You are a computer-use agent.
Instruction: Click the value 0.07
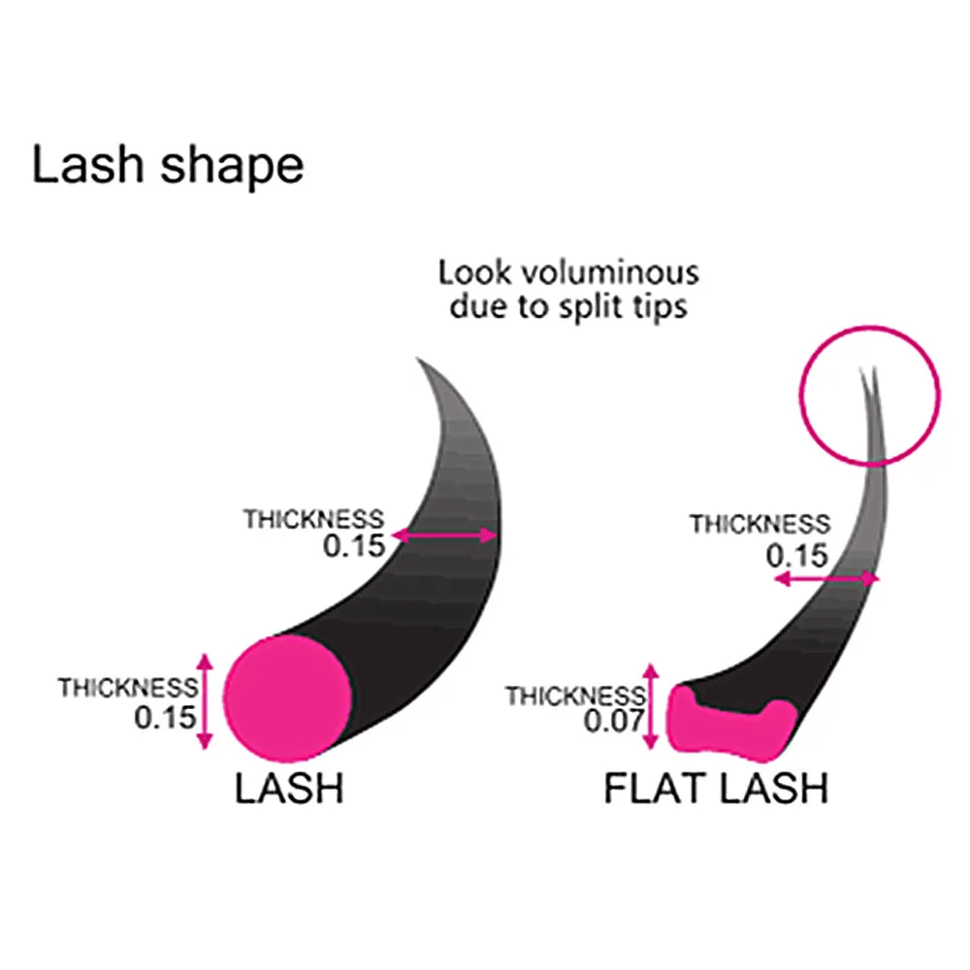[613, 721]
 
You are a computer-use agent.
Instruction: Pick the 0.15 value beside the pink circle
[165, 718]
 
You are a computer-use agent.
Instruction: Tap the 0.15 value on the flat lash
[797, 555]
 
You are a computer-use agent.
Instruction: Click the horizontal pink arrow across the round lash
[444, 535]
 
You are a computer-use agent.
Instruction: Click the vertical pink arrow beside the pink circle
[204, 700]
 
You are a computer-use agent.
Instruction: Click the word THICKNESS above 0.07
[574, 695]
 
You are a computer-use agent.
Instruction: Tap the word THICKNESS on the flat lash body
[760, 525]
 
